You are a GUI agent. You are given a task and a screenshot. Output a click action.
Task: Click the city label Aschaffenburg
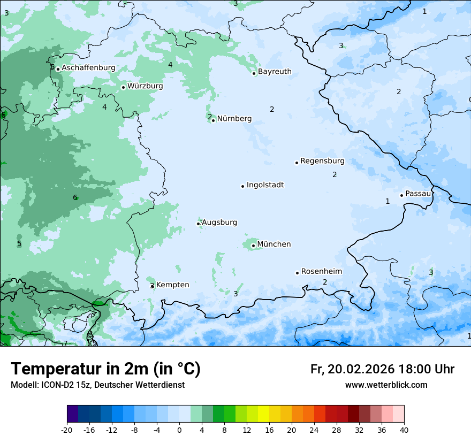pos(88,68)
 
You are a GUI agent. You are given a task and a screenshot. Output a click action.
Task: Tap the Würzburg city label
pos(145,86)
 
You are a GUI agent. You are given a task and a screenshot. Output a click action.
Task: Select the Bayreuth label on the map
pos(275,72)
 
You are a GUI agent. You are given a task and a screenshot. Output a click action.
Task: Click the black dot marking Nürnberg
pos(213,120)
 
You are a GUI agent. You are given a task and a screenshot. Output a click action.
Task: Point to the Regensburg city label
pos(322,161)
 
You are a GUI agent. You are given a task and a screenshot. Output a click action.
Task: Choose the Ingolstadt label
pos(265,185)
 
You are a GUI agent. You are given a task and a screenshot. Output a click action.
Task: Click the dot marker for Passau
pos(401,195)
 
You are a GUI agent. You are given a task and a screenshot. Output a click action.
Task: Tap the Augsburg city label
pos(219,223)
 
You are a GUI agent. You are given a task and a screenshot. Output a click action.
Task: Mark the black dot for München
pos(253,246)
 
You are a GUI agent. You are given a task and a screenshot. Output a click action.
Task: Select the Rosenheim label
pos(321,272)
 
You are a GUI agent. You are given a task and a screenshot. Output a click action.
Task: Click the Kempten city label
pos(172,285)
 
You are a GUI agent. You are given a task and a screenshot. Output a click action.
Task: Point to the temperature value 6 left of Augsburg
pos(75,198)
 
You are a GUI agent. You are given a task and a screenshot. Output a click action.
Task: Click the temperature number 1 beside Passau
pos(388,201)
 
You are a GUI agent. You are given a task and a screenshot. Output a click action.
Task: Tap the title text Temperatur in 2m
pos(105,369)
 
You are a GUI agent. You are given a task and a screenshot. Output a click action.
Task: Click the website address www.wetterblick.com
pos(386,385)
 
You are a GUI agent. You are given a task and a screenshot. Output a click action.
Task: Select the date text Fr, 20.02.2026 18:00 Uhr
pos(382,369)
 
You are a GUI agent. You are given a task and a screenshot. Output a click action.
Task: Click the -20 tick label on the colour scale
pos(67,430)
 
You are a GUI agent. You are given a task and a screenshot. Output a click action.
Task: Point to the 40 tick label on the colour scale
pos(404,430)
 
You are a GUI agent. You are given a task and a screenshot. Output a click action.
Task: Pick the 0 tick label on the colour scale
pos(179,430)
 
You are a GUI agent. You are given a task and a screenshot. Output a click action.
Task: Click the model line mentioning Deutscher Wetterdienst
pos(97,385)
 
